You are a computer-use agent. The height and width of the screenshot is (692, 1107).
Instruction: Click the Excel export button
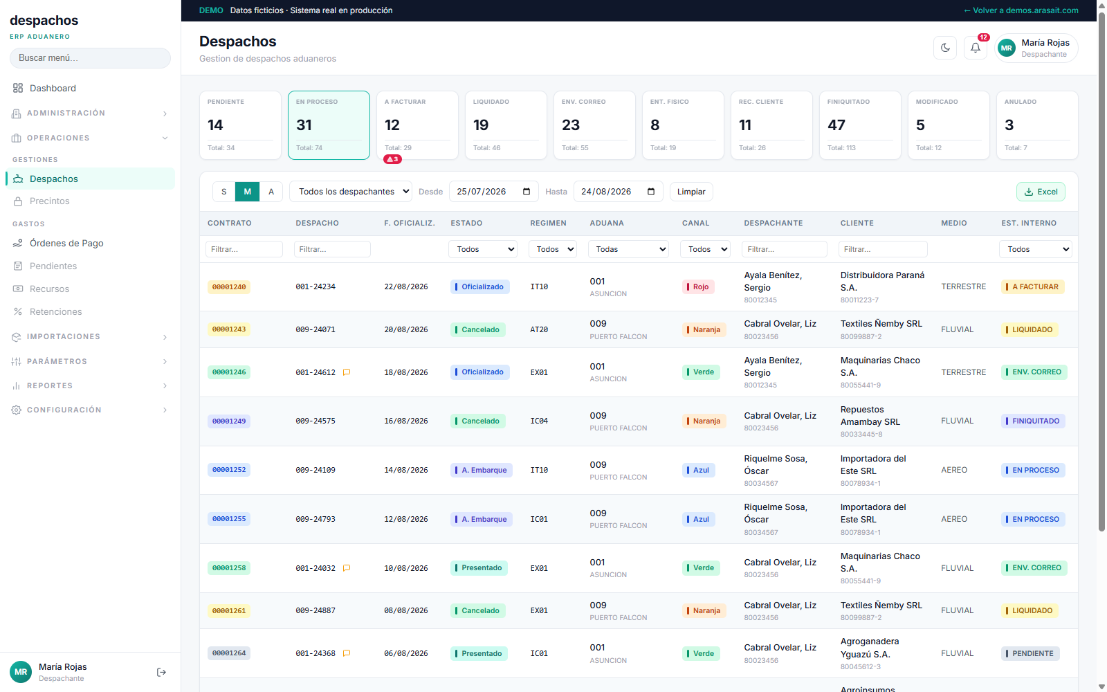[1041, 192]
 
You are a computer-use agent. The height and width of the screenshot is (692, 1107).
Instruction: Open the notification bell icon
[975, 48]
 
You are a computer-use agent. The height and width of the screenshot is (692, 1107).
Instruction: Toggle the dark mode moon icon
[945, 48]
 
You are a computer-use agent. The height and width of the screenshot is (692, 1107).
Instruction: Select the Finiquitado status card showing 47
[860, 125]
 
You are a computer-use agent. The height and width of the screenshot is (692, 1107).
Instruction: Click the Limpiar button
[691, 192]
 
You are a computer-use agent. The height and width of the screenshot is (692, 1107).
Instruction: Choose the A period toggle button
[271, 192]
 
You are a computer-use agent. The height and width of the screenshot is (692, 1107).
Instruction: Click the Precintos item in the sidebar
[49, 201]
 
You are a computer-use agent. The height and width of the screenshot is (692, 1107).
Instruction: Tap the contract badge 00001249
[229, 421]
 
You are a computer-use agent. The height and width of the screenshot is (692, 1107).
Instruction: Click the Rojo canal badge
[698, 286]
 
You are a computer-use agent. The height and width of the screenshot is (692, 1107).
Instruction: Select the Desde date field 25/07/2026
[493, 192]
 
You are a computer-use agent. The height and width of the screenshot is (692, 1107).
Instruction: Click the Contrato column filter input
[244, 249]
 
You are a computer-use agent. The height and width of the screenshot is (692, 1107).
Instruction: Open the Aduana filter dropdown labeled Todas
[628, 249]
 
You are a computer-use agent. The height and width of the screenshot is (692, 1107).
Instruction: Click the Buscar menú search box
[90, 58]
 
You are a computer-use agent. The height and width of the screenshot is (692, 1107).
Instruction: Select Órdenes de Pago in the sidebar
[66, 243]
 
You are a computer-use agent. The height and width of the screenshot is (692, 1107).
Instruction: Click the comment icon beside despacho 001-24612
[347, 372]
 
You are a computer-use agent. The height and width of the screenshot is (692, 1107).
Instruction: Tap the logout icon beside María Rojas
[161, 672]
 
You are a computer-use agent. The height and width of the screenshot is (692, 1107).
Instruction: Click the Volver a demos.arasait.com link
[1021, 10]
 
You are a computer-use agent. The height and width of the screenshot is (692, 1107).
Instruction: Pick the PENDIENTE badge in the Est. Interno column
[1030, 653]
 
